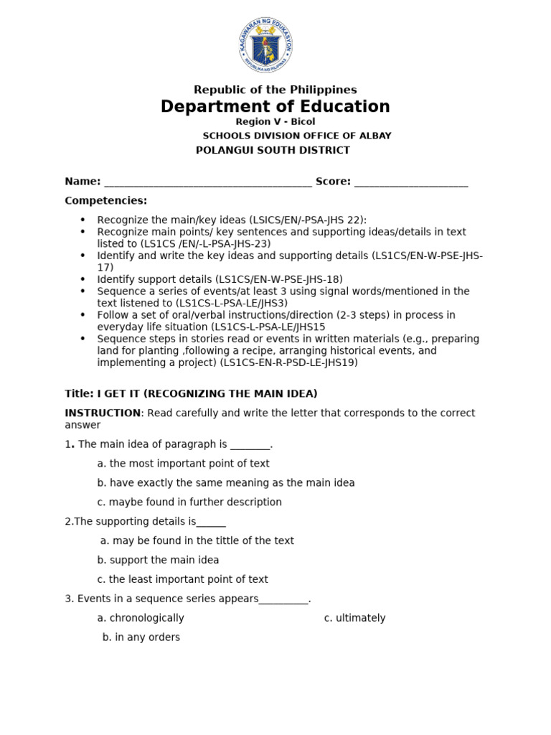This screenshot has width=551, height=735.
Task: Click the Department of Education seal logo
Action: click(265, 45)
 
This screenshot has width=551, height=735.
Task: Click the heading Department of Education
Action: click(275, 107)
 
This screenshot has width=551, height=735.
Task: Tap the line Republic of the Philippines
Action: click(275, 90)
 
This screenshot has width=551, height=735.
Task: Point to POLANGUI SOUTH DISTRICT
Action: click(273, 150)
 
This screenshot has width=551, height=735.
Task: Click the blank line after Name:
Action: click(208, 182)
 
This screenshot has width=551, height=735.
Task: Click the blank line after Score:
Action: click(411, 182)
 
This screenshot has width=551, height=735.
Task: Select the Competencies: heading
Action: click(105, 200)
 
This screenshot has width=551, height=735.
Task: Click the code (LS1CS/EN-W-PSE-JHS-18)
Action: click(281, 279)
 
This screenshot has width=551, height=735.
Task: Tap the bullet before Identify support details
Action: click(83, 279)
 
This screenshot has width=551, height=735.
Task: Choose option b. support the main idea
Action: click(158, 560)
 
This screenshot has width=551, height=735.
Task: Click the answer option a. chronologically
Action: click(141, 618)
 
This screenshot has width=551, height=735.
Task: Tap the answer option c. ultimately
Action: click(354, 618)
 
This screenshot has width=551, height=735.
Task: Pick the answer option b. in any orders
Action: click(141, 637)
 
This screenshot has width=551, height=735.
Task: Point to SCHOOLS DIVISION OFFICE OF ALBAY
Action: click(297, 136)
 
